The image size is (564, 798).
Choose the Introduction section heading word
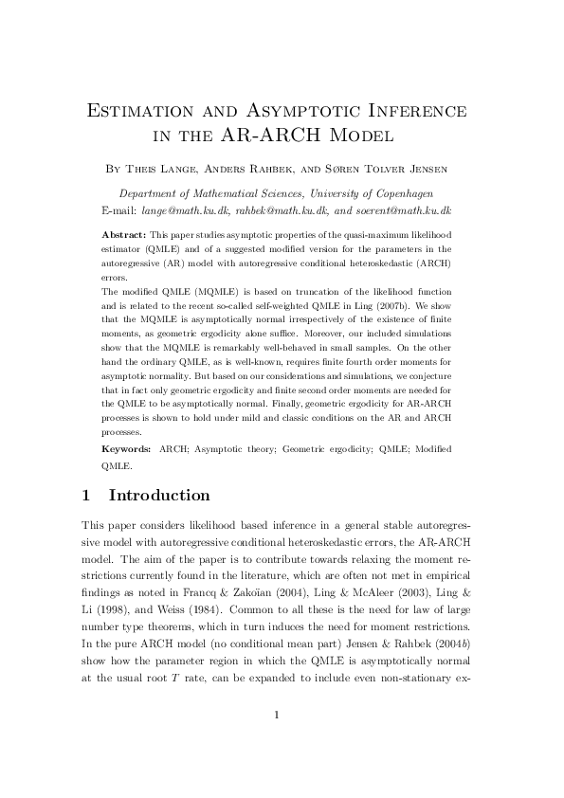[x=159, y=496]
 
